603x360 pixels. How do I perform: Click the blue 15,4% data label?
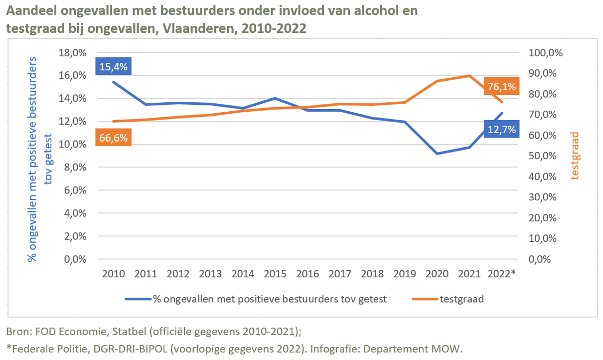click(113, 66)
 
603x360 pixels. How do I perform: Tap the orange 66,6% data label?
click(114, 138)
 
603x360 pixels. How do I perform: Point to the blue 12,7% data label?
click(501, 130)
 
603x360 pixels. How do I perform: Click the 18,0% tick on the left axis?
click(72, 53)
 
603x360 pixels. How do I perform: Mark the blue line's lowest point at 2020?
click(437, 154)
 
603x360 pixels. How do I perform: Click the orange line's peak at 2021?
click(469, 76)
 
